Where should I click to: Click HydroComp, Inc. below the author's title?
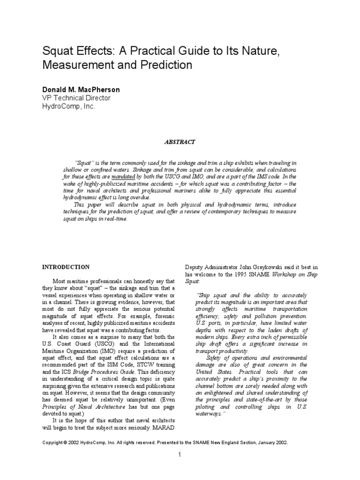[68, 106]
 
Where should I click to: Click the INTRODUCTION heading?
[66, 267]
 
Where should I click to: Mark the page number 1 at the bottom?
[180, 455]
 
